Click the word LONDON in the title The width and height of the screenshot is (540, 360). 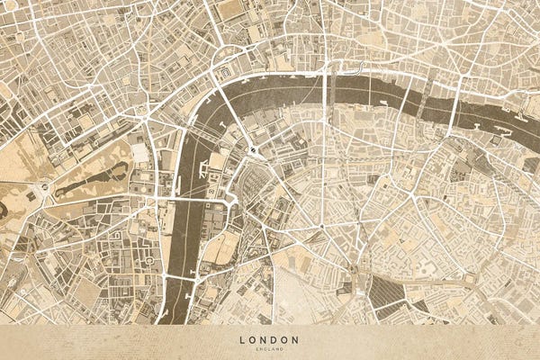coord(269,339)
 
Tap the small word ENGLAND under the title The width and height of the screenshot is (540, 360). coord(269,347)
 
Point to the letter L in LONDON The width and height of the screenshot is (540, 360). coord(243,339)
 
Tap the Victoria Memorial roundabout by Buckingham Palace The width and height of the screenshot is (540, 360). coord(42,188)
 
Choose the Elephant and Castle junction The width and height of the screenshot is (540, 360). coord(356,269)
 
